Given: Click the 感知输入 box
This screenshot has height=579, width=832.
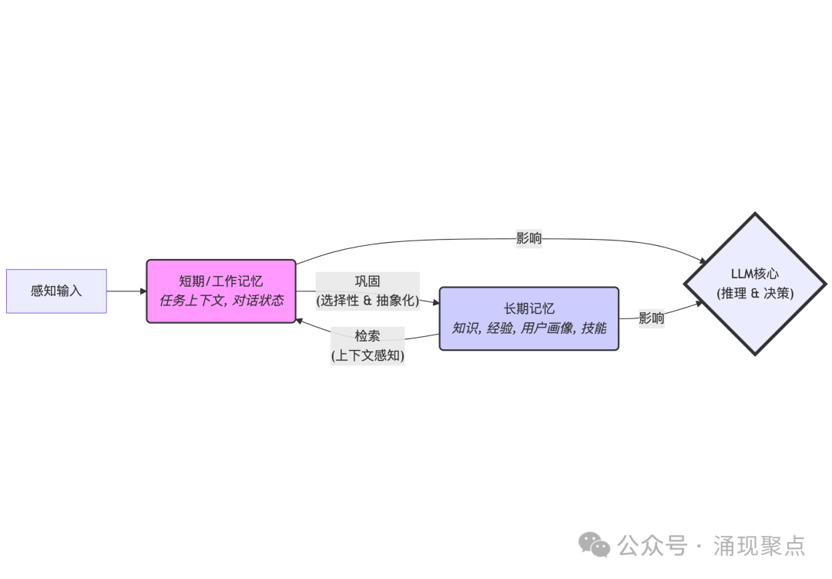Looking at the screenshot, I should point(56,291).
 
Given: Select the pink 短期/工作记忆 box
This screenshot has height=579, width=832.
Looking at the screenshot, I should point(221,291).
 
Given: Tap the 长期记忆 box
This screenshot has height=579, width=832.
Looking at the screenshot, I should point(528,318).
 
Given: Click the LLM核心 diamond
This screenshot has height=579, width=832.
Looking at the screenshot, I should point(755,284).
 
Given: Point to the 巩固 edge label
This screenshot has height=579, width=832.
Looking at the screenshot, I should point(367,281).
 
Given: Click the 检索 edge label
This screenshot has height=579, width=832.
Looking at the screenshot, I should point(367,336).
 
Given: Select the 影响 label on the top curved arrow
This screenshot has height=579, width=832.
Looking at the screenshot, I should point(528,238).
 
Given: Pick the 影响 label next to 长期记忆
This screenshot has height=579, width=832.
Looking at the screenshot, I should point(652,318).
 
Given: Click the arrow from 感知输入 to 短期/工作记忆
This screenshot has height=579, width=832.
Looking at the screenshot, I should point(126,291).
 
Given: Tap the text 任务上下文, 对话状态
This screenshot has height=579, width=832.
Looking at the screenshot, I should point(221,300).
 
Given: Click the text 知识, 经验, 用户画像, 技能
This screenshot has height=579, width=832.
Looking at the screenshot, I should point(528,328).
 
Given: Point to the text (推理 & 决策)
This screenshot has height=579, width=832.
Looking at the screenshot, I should point(755,294).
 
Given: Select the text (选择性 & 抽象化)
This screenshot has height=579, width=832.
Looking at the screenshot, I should point(367,301).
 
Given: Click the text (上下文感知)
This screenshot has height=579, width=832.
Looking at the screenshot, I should point(367,355).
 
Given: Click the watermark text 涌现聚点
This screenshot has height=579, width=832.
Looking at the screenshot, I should point(760,546).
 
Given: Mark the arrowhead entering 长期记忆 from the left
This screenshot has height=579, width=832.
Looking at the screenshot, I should point(435,302).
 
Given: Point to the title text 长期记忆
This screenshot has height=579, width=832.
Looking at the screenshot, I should point(528,308).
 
